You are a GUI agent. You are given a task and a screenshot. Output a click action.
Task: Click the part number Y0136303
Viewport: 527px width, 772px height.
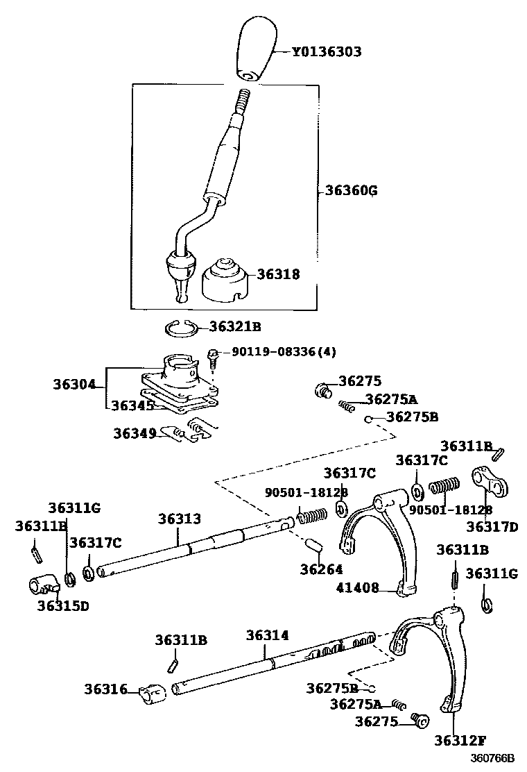click(326, 52)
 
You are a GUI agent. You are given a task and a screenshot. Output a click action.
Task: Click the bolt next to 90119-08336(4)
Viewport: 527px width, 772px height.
click(213, 356)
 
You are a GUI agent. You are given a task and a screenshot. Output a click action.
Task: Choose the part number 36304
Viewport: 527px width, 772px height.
click(74, 385)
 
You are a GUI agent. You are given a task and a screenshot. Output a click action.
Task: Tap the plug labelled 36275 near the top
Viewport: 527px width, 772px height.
click(323, 389)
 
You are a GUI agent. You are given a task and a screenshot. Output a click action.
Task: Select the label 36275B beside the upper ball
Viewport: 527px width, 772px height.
click(412, 417)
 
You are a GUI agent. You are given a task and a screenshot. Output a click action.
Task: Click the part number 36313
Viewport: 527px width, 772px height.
click(179, 519)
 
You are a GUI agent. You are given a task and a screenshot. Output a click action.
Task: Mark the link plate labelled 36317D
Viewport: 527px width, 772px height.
click(490, 480)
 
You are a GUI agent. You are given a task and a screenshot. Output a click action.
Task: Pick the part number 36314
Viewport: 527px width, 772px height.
click(267, 635)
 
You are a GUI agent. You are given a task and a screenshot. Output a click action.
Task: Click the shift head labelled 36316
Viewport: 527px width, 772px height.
click(152, 692)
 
